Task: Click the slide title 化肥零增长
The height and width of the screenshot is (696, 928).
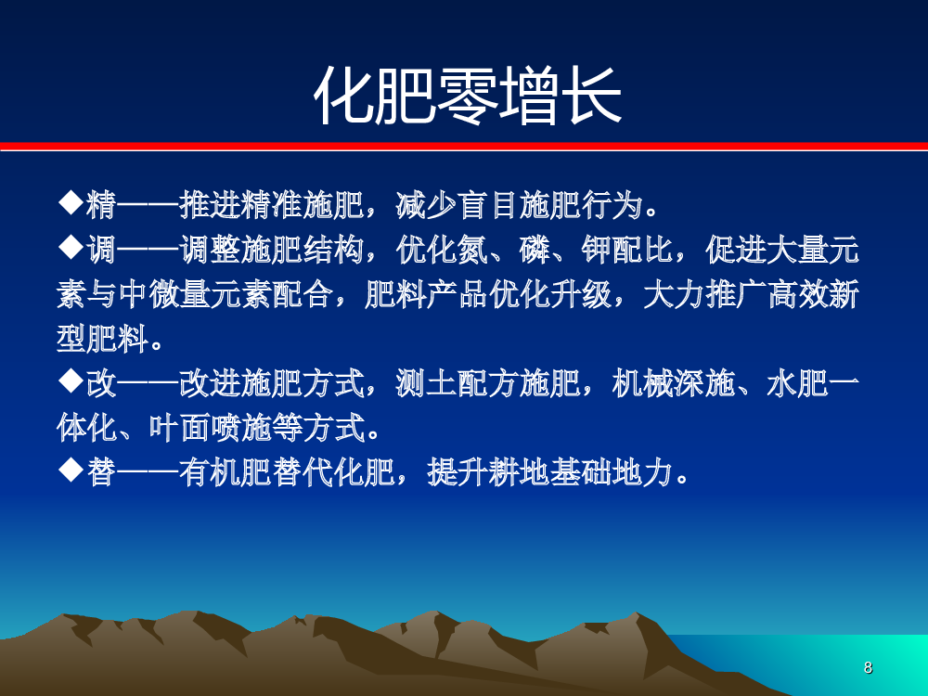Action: click(x=467, y=96)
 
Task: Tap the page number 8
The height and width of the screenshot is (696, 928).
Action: click(x=868, y=667)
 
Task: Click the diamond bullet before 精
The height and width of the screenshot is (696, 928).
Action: click(x=71, y=203)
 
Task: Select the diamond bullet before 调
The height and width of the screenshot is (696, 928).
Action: click(x=71, y=248)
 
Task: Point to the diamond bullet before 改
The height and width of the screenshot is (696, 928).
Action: click(x=71, y=381)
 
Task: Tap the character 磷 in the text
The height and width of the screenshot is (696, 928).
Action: click(x=535, y=250)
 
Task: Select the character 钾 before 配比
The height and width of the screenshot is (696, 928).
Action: click(x=596, y=250)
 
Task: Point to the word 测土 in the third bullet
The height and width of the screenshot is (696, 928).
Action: click(x=426, y=383)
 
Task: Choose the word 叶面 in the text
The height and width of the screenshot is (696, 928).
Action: click(x=179, y=428)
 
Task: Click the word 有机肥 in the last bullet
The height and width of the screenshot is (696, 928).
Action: click(x=226, y=473)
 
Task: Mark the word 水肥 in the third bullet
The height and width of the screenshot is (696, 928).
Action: click(x=796, y=383)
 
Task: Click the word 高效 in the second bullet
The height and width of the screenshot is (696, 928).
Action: click(x=796, y=294)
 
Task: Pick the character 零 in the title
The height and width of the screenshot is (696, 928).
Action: click(x=467, y=96)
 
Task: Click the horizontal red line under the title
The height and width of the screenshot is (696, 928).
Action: click(x=464, y=146)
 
